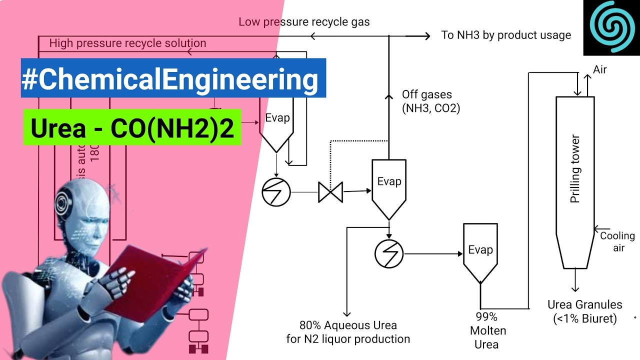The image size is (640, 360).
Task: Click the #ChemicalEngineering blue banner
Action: pyautogui.click(x=173, y=78)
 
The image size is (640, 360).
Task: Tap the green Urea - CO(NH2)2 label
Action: pyautogui.click(x=132, y=127)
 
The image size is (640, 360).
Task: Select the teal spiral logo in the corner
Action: pyautogui.click(x=611, y=27)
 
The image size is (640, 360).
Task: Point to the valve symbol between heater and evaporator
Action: pyautogui.click(x=330, y=192)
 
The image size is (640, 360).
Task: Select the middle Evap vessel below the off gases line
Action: pyautogui.click(x=389, y=185)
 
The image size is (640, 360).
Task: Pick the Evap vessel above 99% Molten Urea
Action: pyautogui.click(x=480, y=252)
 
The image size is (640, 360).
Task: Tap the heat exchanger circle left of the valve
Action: pyautogui.click(x=276, y=191)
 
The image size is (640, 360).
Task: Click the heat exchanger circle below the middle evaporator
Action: pyautogui.click(x=388, y=253)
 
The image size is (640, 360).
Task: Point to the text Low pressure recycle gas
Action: pyautogui.click(x=304, y=22)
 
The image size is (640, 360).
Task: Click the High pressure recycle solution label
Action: pyautogui.click(x=127, y=43)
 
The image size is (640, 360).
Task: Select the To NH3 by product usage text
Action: pyautogui.click(x=506, y=35)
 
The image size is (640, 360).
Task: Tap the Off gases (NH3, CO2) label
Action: pyautogui.click(x=430, y=101)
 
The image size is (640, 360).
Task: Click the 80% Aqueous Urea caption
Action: pyautogui.click(x=348, y=332)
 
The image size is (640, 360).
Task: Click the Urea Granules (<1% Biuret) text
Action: pyautogui.click(x=585, y=311)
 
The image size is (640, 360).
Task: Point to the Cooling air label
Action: pyautogui.click(x=618, y=241)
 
